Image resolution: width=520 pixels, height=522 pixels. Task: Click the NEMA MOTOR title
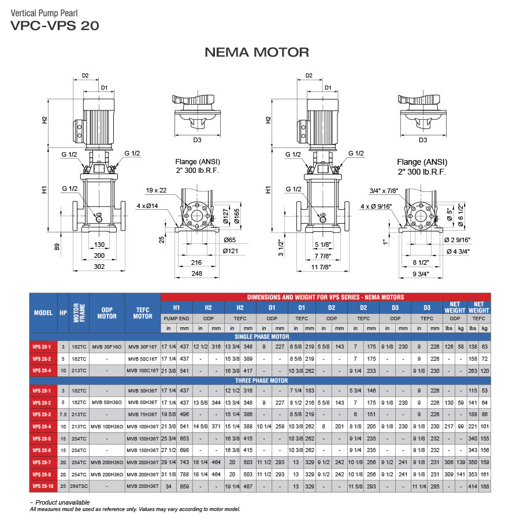[x=257, y=52]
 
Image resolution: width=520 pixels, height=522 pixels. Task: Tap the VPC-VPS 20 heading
[x=55, y=25]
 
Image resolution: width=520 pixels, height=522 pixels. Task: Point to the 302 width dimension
[x=99, y=267]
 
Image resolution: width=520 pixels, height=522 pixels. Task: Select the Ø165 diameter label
[x=236, y=216]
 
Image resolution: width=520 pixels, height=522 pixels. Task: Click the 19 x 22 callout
[x=156, y=190]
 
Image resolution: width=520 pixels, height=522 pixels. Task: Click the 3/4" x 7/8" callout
[x=384, y=190]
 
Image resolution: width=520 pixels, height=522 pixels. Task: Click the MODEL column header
[x=43, y=312]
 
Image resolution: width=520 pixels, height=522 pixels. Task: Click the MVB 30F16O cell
[x=107, y=346]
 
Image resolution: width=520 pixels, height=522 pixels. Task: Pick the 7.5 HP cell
[x=62, y=414]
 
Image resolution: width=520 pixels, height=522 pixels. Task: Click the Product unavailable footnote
[x=60, y=502]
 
